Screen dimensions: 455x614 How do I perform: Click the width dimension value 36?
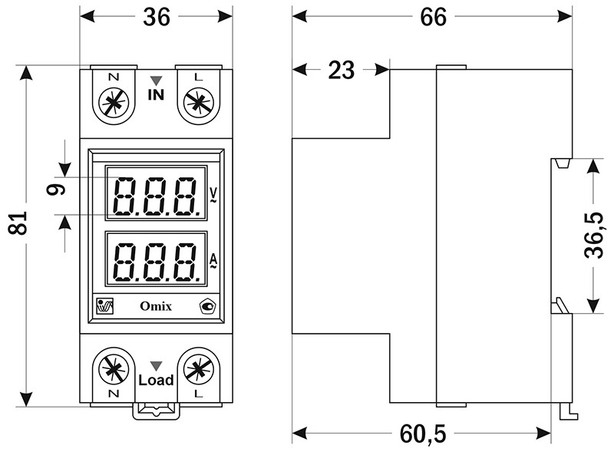click(x=157, y=18)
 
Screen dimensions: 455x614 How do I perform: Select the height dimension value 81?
click(x=21, y=223)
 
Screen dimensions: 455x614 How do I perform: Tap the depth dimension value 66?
click(x=433, y=18)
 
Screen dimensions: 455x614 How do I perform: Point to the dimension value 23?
click(x=342, y=71)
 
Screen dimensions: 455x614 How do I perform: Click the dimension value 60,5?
click(x=422, y=434)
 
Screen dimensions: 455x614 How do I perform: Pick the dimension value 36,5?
click(x=593, y=236)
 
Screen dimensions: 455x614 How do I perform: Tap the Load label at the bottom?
click(x=156, y=380)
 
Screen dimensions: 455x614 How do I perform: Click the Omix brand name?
click(x=156, y=307)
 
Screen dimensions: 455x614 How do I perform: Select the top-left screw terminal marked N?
click(x=114, y=102)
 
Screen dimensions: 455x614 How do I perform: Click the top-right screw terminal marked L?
click(x=198, y=102)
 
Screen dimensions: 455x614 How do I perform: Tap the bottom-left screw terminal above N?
click(x=114, y=369)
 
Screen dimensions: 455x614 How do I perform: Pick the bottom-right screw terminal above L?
click(x=198, y=369)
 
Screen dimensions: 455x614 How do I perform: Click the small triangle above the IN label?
click(x=156, y=80)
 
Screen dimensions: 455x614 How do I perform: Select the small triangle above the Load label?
click(x=156, y=365)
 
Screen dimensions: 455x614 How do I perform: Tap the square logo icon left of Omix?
click(x=104, y=306)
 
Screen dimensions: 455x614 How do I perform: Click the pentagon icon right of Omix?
click(x=207, y=307)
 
